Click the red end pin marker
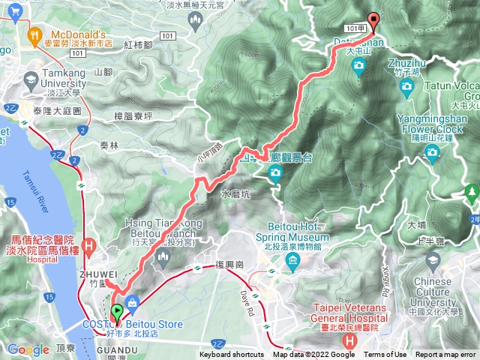pos(373,20)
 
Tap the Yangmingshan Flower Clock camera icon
pos(432,154)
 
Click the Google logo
pos(28,349)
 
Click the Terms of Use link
pos(385,355)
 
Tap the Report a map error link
pos(445,355)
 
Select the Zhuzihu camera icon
pos(407,88)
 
